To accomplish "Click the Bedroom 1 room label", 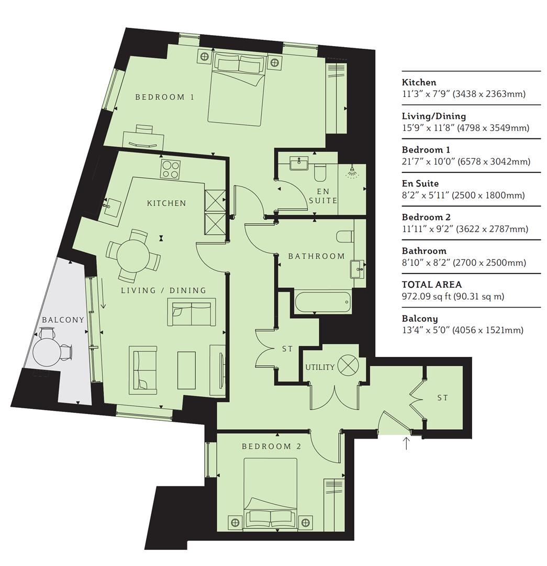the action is [164, 97].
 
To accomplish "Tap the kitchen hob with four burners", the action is [171, 169].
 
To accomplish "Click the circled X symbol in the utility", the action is [348, 364].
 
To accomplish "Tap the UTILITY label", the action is [320, 367].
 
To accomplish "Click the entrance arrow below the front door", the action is [406, 443].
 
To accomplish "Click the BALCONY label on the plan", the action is [63, 320].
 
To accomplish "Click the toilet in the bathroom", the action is [345, 237].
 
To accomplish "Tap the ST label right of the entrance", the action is [442, 398].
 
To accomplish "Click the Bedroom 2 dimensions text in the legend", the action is [465, 229].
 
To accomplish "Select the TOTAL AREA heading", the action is [432, 285].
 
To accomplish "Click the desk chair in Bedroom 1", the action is [144, 129].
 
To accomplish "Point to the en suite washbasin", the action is [299, 163].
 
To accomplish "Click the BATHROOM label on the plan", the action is [316, 256].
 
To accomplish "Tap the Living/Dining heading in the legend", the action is [434, 116].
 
